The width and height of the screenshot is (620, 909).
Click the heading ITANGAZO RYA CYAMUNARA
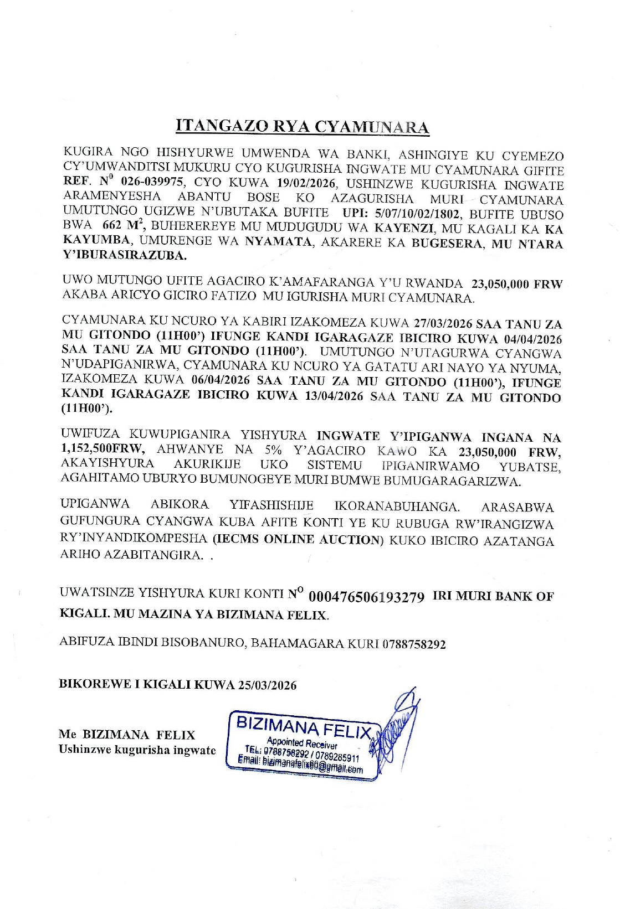click(x=303, y=127)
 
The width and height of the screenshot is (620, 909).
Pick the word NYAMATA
click(x=279, y=242)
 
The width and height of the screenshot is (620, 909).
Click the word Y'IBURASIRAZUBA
click(x=124, y=256)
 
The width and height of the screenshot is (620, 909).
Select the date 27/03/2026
click(x=443, y=323)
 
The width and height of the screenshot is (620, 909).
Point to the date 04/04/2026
click(x=532, y=339)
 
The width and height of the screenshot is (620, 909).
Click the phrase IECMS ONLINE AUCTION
click(x=298, y=539)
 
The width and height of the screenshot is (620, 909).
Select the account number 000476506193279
click(x=366, y=597)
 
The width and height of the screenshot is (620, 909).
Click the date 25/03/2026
click(x=267, y=685)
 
